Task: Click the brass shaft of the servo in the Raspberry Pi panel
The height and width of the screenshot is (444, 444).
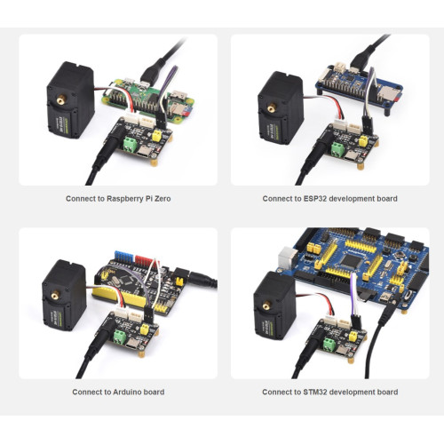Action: (x=61, y=101)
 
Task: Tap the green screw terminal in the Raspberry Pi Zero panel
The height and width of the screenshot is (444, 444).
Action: (x=131, y=144)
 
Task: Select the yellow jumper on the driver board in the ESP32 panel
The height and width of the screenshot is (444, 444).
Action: (x=363, y=141)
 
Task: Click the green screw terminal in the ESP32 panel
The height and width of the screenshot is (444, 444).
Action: (x=338, y=149)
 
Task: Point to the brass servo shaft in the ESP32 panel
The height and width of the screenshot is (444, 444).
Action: (x=272, y=108)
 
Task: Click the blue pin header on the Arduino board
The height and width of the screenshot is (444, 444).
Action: (x=123, y=257)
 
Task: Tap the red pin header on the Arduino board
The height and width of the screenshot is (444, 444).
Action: (x=146, y=259)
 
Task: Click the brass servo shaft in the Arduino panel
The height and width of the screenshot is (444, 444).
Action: (x=55, y=296)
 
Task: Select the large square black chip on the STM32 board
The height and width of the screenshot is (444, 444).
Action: (x=351, y=260)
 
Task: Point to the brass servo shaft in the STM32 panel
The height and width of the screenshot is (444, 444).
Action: (x=267, y=306)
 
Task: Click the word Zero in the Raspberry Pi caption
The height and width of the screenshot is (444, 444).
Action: (x=163, y=199)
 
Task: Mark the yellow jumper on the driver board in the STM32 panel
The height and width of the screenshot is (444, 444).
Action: (x=353, y=337)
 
